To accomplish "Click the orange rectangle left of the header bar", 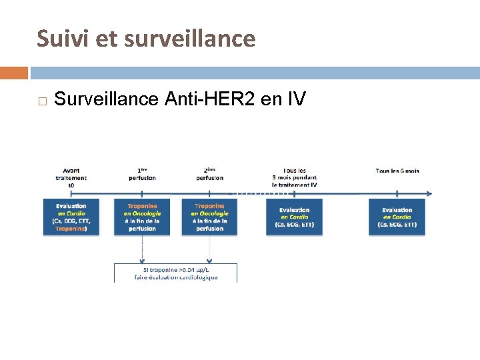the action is point(13,73).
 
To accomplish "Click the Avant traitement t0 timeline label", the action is point(71,178).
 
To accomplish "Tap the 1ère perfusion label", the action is point(142,174).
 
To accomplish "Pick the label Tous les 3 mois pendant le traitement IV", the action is point(295,177).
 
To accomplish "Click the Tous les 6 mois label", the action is point(397,171).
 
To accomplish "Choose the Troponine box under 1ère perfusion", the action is point(142,217).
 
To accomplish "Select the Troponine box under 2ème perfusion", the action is point(210,217).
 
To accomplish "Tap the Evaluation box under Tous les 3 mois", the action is point(294,217).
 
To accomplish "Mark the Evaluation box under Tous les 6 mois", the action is point(397,217).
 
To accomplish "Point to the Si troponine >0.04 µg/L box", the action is point(176,273).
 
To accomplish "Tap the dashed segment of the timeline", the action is point(243,194).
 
